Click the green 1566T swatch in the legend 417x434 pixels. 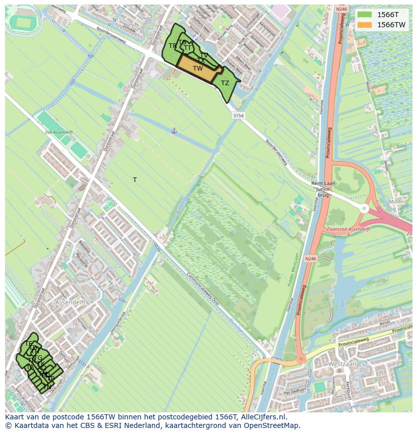pyautogui.click(x=365, y=15)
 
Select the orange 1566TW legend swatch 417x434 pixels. pyautogui.click(x=365, y=25)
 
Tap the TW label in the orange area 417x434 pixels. pyautogui.click(x=198, y=69)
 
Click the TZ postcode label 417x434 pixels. pyautogui.click(x=225, y=83)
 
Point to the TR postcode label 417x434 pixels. pyautogui.click(x=173, y=46)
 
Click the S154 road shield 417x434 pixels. pyautogui.click(x=238, y=115)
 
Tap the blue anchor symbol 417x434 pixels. pyautogui.click(x=174, y=131)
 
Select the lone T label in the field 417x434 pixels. pyautogui.click(x=134, y=180)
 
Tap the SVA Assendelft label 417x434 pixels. pyautogui.click(x=59, y=132)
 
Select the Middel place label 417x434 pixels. pyautogui.click(x=397, y=201)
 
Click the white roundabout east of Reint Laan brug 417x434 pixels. pyautogui.click(x=364, y=208)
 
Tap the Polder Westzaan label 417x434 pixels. pyautogui.click(x=293, y=270)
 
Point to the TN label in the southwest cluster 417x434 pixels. pyautogui.click(x=47, y=387)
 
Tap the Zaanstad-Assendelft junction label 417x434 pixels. pyautogui.click(x=348, y=229)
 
